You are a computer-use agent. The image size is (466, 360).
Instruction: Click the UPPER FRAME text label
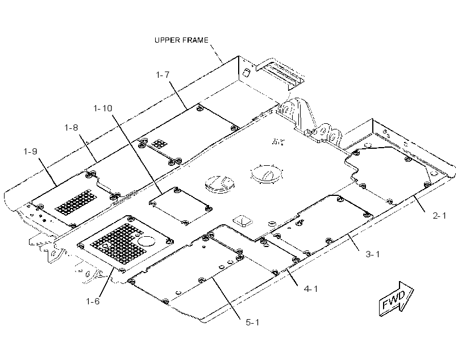tap(181, 40)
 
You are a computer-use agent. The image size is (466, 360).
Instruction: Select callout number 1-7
tap(163, 75)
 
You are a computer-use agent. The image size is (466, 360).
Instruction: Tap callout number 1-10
tap(103, 108)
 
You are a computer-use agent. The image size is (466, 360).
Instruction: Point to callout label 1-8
tap(72, 127)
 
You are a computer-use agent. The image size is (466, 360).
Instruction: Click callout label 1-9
tap(30, 152)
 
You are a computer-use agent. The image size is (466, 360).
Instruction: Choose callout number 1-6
tap(93, 301)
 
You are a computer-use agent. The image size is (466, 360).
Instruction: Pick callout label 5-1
tap(252, 323)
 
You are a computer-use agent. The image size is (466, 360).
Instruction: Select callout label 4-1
tap(310, 288)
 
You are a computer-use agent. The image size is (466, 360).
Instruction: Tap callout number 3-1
tap(373, 254)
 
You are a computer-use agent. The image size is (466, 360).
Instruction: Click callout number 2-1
tap(439, 216)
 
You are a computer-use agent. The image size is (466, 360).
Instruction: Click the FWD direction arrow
tap(396, 299)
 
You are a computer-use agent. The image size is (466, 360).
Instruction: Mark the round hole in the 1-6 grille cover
tap(147, 241)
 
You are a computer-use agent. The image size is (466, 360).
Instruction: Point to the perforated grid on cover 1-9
tap(76, 202)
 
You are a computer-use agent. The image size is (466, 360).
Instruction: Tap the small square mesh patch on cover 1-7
tap(159, 144)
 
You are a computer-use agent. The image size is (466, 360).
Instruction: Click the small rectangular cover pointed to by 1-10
tap(180, 206)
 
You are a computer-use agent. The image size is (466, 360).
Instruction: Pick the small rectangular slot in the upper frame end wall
tap(247, 73)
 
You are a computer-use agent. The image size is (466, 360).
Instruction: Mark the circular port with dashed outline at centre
tap(267, 174)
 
